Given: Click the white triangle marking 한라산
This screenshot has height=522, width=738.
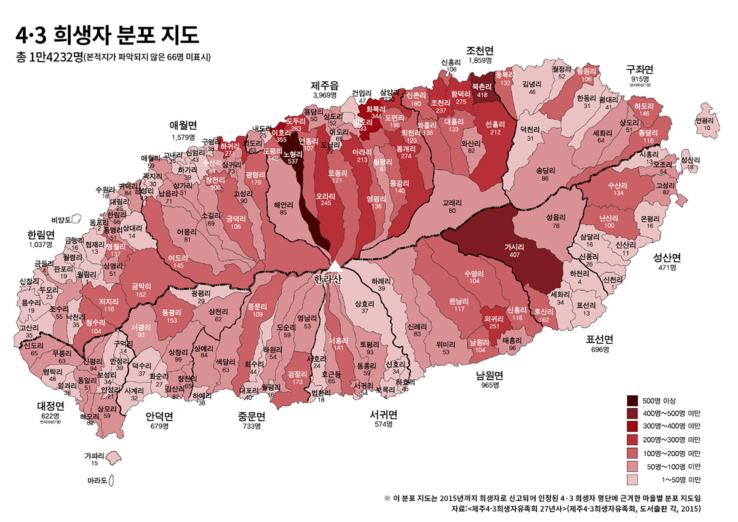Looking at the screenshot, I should [x=335, y=266].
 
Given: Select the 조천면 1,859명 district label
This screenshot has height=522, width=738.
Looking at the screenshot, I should [x=480, y=55].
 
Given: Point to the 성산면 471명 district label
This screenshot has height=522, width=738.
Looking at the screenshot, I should [x=667, y=262].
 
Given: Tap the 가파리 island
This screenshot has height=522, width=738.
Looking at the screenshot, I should [x=111, y=457].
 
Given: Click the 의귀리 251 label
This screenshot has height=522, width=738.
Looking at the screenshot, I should [x=493, y=322].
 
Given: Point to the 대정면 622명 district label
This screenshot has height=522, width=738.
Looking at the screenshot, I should [x=51, y=411].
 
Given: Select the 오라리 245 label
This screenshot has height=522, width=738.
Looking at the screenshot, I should [x=325, y=199].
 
